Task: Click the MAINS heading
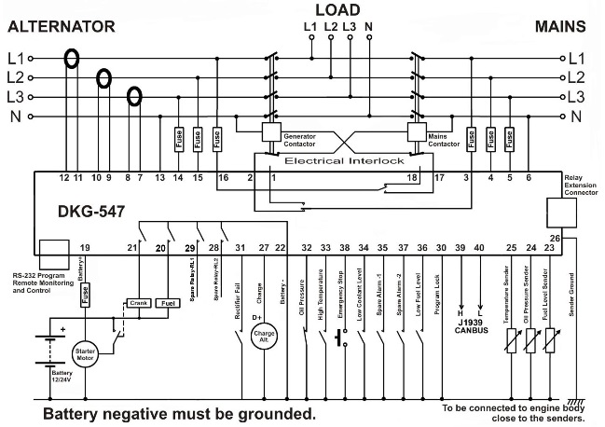[559, 25]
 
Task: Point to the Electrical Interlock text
[350, 160]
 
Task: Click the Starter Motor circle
[86, 355]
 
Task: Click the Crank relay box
[139, 303]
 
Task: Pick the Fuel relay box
[171, 303]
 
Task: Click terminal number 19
[85, 247]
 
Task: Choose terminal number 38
[345, 247]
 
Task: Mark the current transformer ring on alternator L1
[71, 58]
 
